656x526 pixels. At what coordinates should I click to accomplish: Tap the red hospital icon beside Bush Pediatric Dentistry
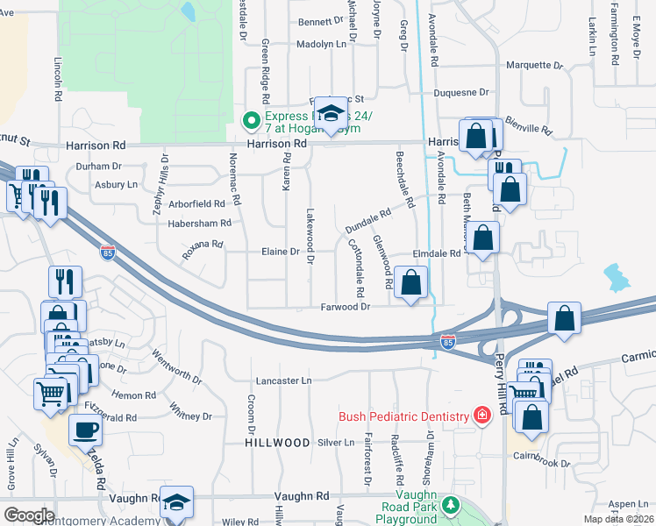click(481, 414)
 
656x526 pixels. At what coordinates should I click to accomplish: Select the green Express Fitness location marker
click(251, 120)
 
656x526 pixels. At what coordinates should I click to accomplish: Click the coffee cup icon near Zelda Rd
click(85, 431)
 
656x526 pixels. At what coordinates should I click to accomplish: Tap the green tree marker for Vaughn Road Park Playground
click(451, 506)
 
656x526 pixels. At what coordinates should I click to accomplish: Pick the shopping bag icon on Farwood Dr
click(410, 283)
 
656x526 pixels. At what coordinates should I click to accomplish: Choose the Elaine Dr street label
click(281, 252)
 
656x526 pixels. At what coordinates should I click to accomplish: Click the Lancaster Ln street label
click(283, 381)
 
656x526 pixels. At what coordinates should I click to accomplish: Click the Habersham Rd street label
click(201, 224)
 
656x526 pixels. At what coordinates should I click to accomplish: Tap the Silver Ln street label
click(335, 443)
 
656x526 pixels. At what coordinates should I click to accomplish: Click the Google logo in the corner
click(28, 515)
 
